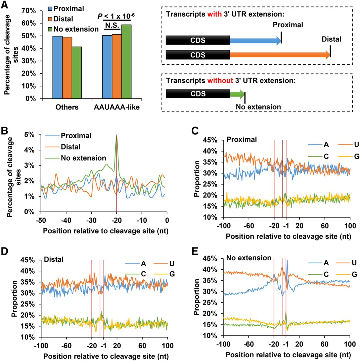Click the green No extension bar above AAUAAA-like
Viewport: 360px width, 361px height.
tap(127, 61)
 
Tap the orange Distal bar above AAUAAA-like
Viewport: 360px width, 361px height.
tap(117, 66)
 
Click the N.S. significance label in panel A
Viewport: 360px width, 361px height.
tap(112, 25)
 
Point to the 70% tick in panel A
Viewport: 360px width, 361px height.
tap(29, 11)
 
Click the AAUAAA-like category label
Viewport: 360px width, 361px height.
tap(117, 107)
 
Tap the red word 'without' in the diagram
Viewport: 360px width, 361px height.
tap(220, 81)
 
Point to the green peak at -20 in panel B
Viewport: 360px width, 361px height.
tap(116, 137)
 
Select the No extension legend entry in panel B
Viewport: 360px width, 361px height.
tap(83, 158)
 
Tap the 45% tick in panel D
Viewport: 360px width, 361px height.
tap(28, 260)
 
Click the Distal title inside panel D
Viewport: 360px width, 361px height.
tap(54, 259)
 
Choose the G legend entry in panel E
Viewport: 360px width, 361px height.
tap(354, 274)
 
